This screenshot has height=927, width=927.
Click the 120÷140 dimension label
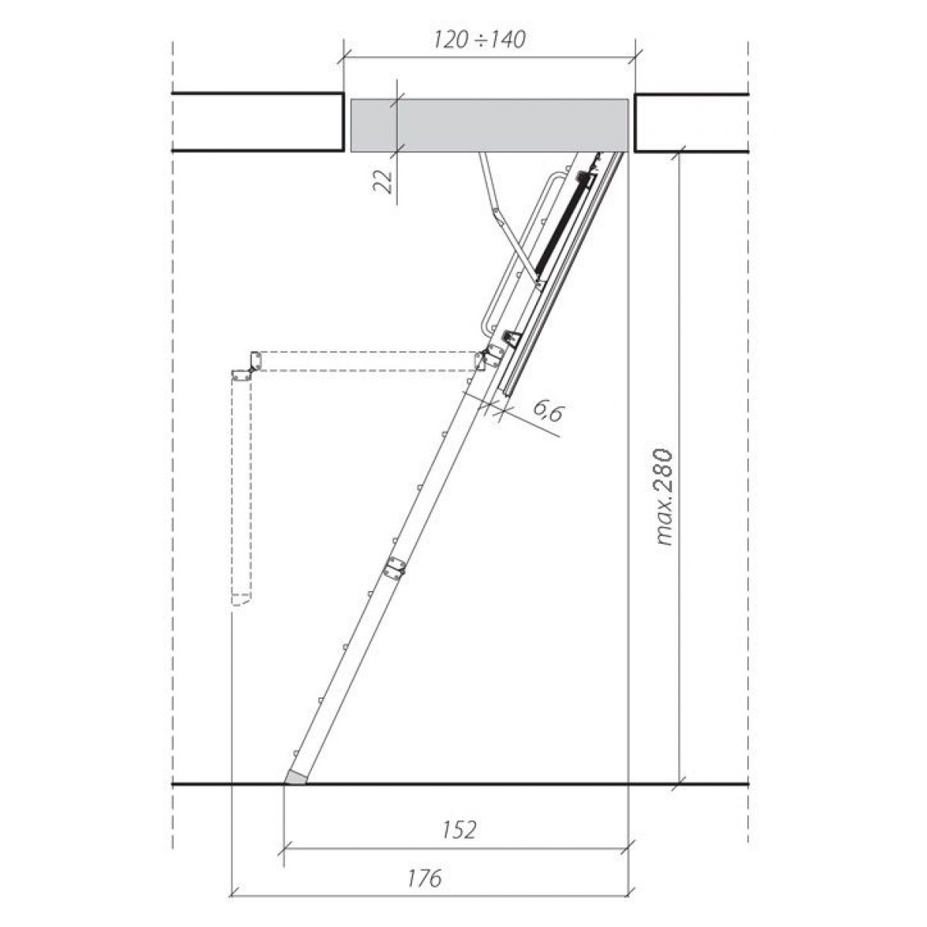(479, 39)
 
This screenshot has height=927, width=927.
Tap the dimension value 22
(383, 182)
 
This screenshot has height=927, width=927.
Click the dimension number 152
(458, 830)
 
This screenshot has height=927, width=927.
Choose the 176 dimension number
(424, 878)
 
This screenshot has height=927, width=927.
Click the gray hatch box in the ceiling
(489, 126)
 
